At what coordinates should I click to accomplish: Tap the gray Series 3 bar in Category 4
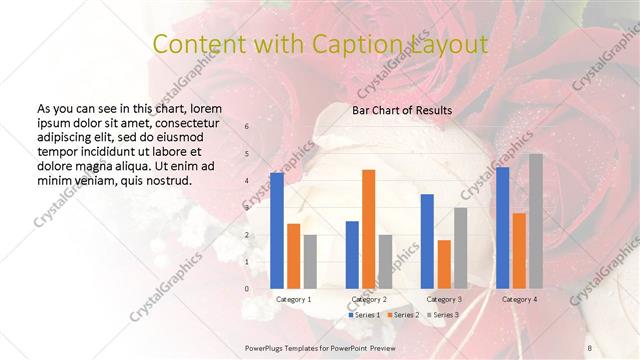click(536, 221)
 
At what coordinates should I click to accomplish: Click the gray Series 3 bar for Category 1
click(310, 261)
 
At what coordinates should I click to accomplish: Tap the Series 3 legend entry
click(443, 315)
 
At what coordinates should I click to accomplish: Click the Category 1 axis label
click(294, 299)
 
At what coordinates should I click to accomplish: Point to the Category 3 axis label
click(444, 299)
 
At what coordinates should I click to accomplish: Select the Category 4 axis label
click(519, 299)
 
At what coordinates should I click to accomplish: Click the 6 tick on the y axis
click(247, 127)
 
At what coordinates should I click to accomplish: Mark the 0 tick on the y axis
click(247, 289)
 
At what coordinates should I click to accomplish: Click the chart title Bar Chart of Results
click(402, 110)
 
